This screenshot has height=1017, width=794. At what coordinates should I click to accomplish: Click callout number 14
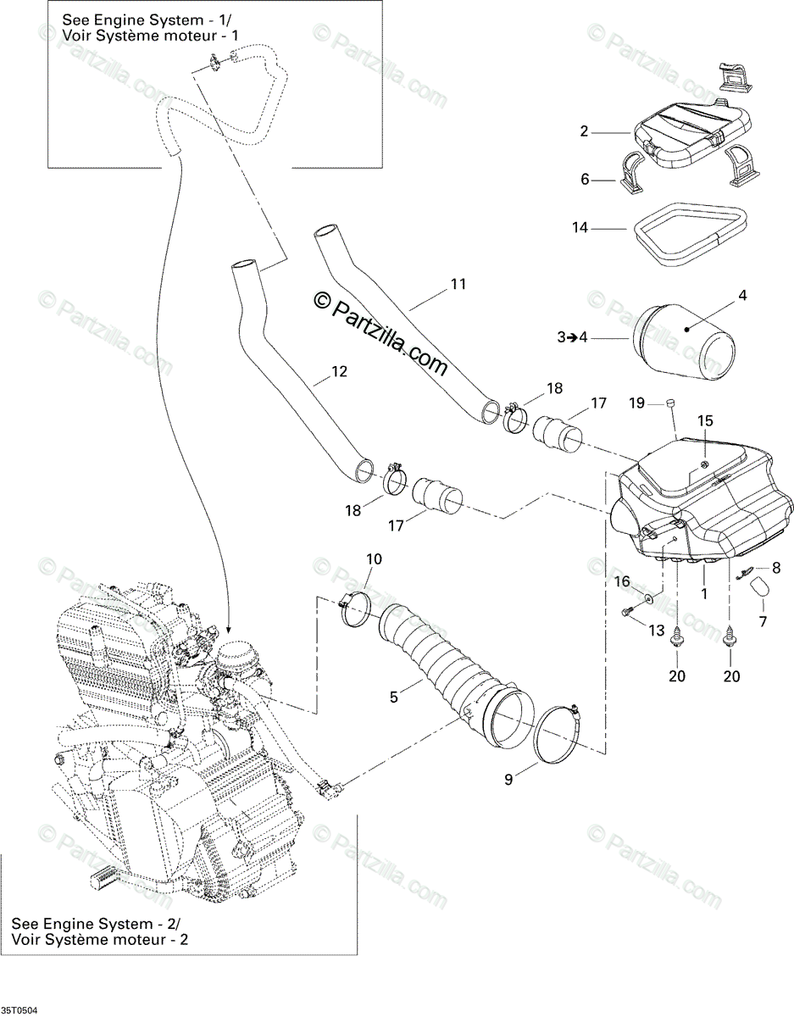click(580, 228)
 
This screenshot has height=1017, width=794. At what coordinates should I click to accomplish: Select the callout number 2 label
click(584, 131)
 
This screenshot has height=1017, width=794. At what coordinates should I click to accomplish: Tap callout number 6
click(584, 180)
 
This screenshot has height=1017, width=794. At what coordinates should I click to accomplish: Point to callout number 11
click(458, 284)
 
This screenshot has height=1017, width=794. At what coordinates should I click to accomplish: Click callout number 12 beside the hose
click(339, 371)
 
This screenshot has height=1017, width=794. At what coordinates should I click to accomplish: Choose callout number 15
click(705, 420)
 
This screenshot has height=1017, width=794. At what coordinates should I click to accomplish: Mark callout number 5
click(394, 697)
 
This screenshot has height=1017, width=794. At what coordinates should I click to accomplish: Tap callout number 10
click(374, 559)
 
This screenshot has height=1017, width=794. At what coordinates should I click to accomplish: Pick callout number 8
click(776, 568)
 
